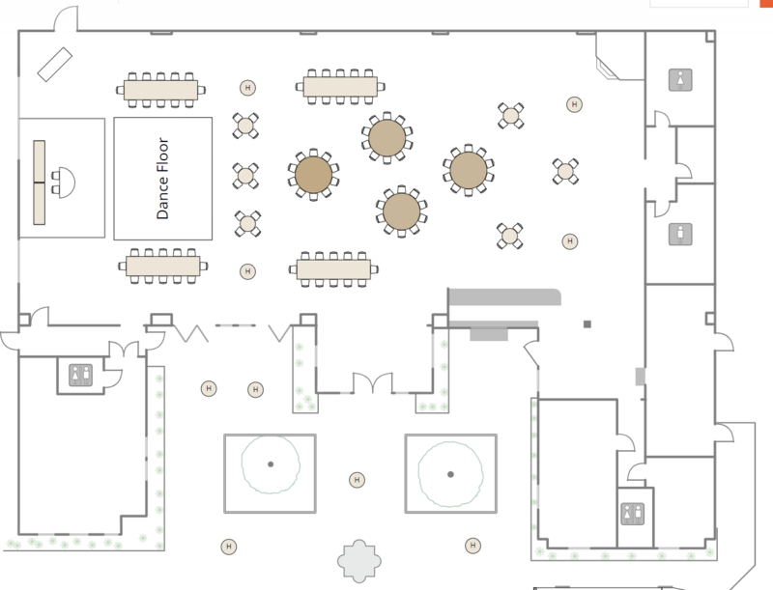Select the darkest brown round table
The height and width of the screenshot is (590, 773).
coord(313,175)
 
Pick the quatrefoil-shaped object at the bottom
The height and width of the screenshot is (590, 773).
coord(359,561)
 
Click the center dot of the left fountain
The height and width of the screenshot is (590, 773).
coord(271,464)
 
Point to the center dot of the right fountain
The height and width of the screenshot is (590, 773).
coord(450,473)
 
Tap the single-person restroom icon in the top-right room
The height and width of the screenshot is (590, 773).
coord(683,80)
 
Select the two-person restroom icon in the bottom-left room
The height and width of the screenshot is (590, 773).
coord(80,374)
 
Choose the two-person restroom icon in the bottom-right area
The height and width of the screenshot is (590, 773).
coord(634,514)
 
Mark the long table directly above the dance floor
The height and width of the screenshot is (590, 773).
coord(160,90)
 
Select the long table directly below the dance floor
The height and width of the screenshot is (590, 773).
coord(162,265)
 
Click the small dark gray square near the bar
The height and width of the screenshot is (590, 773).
coord(587,323)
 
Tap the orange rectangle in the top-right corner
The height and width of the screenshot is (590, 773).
coord(767,3)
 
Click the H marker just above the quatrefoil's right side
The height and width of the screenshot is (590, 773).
coord(473,546)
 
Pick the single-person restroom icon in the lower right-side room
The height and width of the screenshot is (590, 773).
coord(683,234)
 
